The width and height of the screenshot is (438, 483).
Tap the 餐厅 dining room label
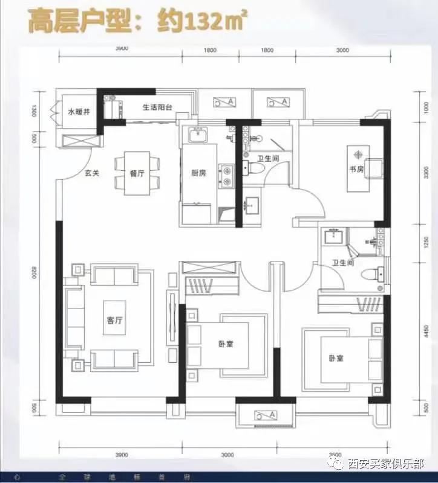coord(137,172)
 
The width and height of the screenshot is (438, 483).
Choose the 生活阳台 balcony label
coord(158,108)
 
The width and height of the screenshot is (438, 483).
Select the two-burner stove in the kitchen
coord(227,175)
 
